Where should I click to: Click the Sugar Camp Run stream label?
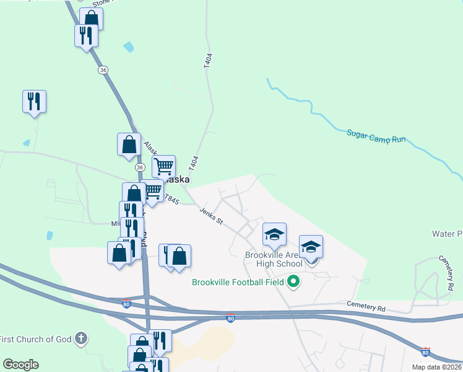(376, 136)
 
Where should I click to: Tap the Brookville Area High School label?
(274, 259)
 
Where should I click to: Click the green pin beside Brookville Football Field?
(294, 282)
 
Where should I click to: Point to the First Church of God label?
(35, 339)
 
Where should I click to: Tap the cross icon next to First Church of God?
(80, 339)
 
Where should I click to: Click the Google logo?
(20, 365)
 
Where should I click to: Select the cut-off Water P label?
(447, 234)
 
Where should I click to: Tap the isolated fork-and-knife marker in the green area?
(35, 101)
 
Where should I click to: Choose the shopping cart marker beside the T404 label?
(163, 166)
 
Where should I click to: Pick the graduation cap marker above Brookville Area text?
(274, 234)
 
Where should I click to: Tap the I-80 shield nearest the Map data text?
(425, 352)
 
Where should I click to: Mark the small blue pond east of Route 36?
(129, 46)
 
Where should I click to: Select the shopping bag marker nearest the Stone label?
(92, 19)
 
